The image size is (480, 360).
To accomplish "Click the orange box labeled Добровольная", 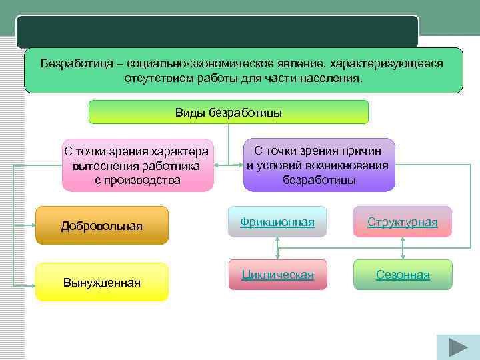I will pyautogui.click(x=101, y=225).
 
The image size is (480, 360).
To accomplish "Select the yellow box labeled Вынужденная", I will pyautogui.click(x=101, y=282).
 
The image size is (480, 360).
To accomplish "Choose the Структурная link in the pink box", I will pyautogui.click(x=402, y=222).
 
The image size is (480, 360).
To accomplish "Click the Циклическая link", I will pyautogui.click(x=277, y=275).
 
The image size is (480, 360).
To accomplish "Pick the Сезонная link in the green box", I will pyautogui.click(x=402, y=275).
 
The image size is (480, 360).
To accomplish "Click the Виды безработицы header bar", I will pyautogui.click(x=228, y=112).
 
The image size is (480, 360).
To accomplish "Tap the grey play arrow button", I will pyautogui.click(x=457, y=347).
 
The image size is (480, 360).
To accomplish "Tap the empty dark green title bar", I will pyautogui.click(x=217, y=32).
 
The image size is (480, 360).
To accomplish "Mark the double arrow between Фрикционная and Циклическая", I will pyautogui.click(x=277, y=248).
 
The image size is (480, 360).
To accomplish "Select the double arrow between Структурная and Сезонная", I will pyautogui.click(x=402, y=248).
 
